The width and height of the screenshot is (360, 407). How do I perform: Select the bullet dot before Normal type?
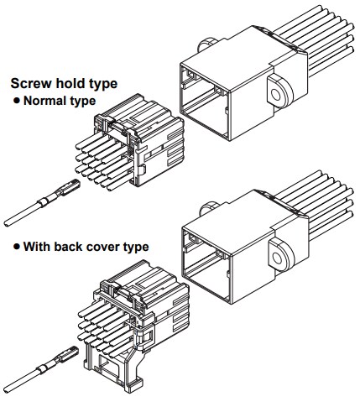17,101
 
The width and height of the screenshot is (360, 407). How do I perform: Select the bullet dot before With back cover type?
17,247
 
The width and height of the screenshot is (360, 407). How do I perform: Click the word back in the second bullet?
68,247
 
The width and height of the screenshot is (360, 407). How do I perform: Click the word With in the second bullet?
37,247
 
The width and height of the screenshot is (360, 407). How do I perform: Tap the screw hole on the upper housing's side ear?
275,95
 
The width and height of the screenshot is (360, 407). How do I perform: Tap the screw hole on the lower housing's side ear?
277,258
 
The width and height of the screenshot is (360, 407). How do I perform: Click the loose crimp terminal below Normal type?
42,203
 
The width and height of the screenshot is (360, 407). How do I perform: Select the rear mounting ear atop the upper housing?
206,44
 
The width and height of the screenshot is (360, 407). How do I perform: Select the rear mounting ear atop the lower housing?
208,208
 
